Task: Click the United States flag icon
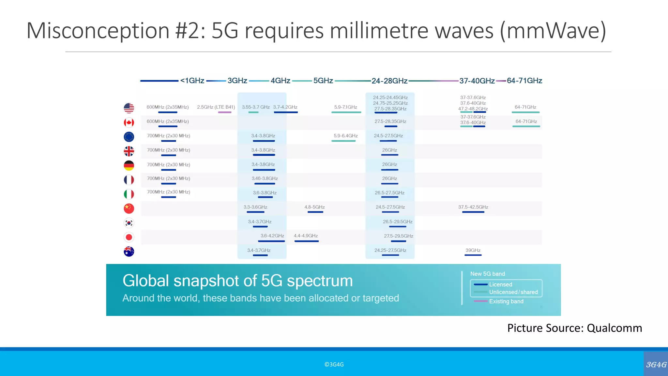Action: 129,108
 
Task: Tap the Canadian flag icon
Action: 129,122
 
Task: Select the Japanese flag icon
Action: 129,237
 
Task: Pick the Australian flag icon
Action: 129,251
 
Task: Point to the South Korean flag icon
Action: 129,223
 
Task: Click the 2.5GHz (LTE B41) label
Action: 216,107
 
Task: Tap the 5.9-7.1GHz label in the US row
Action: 345,107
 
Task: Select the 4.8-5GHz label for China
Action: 314,207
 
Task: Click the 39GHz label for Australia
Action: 473,250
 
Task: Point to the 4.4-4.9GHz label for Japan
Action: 306,236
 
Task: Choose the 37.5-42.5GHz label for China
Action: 473,207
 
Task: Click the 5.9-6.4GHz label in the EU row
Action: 345,136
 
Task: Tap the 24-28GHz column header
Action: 389,81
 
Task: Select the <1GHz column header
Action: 192,81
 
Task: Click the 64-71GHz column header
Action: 524,81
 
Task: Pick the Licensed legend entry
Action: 500,284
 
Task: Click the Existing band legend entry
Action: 506,301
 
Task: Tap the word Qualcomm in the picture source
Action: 614,328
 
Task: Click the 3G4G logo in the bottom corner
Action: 656,364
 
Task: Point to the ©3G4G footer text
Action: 334,365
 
